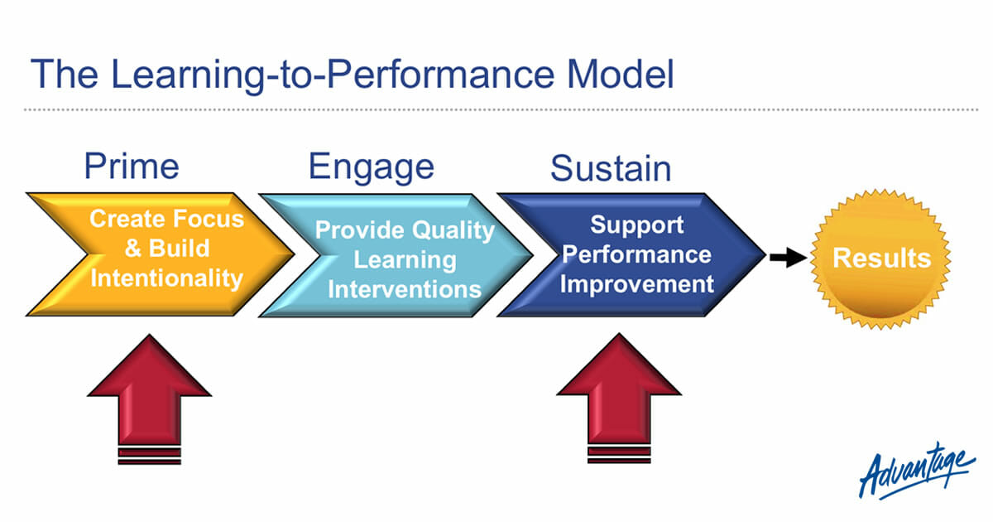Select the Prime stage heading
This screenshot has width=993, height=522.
pos(132,167)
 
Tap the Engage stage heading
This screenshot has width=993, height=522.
pos(371,167)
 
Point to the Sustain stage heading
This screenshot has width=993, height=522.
pos(611,168)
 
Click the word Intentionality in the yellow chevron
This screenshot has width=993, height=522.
pos(166,278)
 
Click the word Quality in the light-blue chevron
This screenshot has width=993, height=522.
pos(452,230)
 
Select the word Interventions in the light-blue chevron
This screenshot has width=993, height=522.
pos(405,289)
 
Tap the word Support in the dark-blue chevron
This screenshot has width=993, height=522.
pos(637,224)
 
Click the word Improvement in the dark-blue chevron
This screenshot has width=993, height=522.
pos(636,283)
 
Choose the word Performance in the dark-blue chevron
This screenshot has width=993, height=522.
pos(636,254)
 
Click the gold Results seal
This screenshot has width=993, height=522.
pos(881,258)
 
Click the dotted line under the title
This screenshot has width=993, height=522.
pos(496,109)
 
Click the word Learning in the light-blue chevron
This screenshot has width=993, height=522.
pos(405,259)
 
